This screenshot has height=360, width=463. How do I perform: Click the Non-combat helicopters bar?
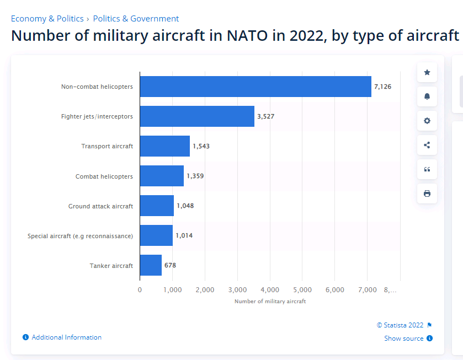pos(256,87)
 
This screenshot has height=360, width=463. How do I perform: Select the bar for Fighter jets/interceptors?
pos(197,116)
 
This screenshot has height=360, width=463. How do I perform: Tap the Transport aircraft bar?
pos(164,146)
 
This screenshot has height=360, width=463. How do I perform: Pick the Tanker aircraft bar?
pos(151,265)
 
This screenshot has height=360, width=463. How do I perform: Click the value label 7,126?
pos(382,87)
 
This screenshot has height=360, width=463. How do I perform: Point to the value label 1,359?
pos(195,176)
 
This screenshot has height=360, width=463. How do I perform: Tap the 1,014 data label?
pos(184,235)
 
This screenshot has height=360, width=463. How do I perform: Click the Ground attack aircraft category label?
pos(100,206)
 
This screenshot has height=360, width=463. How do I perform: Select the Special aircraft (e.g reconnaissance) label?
pos(80,236)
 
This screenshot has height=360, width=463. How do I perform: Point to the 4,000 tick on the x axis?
pos(269,290)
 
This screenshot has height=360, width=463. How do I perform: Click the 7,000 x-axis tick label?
pos(367,290)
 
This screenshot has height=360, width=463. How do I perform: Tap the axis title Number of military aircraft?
pos(270,302)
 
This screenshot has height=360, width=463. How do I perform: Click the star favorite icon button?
pos(427,72)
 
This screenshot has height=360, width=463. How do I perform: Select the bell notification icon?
pos(427,96)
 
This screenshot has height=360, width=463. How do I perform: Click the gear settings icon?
pos(427,121)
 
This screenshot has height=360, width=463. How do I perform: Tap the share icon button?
pos(427,145)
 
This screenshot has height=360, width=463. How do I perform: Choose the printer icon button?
pos(427,194)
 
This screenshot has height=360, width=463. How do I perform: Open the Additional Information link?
pos(66,337)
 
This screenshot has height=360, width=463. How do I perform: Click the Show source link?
pos(404,338)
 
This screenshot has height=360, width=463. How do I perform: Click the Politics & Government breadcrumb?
pos(136,19)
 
